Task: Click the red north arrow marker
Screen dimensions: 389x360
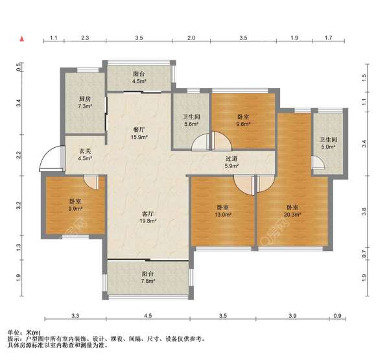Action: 22,39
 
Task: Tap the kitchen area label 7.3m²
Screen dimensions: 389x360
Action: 85,106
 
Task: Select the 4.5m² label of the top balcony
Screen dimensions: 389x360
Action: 139,80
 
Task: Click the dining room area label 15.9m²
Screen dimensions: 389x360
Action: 139,137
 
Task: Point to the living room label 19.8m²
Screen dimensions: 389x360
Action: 148,221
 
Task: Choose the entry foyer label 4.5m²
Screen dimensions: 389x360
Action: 85,158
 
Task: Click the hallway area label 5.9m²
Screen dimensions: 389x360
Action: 231,166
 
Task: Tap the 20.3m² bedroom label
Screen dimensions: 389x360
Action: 292,215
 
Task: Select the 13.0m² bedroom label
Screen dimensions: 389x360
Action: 223,215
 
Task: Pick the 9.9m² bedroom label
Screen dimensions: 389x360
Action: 75,209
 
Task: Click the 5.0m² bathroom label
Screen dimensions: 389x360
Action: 328,147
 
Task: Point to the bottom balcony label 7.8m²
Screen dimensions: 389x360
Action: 148,281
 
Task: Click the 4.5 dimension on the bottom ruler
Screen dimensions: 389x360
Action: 148,316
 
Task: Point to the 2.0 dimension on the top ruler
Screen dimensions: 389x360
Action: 191,38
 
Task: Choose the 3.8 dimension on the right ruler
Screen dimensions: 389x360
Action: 364,211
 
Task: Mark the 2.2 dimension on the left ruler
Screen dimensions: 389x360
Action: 19,155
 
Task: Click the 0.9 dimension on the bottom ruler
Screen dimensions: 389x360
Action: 337,316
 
